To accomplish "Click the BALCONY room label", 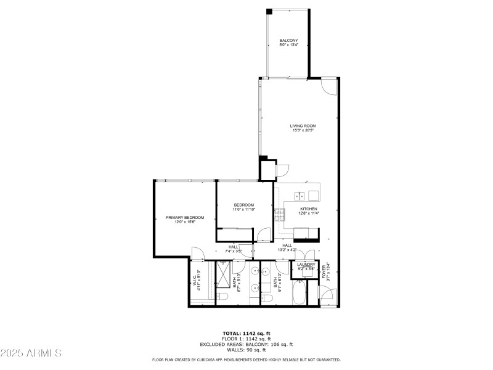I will pyautogui.click(x=288, y=41).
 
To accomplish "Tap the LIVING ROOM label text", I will pyautogui.click(x=303, y=126).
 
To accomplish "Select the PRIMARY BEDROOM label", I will pyautogui.click(x=185, y=217).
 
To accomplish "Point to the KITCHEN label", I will pyautogui.click(x=309, y=209).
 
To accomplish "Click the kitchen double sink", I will pyautogui.click(x=299, y=196).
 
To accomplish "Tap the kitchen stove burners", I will pyautogui.click(x=280, y=215).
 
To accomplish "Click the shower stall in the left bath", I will pyautogui.click(x=223, y=274).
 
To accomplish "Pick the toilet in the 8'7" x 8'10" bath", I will pyautogui.click(x=223, y=298).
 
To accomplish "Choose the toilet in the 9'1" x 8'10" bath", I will pyautogui.click(x=267, y=298).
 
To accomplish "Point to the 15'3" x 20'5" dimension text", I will pyautogui.click(x=303, y=130).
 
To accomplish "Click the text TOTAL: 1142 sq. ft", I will pyautogui.click(x=246, y=334).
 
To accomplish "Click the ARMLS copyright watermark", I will pyautogui.click(x=31, y=353).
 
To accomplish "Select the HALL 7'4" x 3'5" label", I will pyautogui.click(x=234, y=249).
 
